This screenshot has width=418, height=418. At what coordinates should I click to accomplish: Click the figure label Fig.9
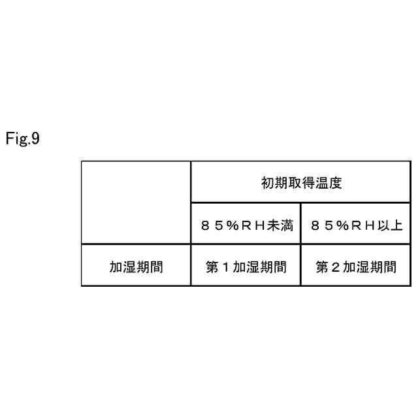click(x=23, y=138)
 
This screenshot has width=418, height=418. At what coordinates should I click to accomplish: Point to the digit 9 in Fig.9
click(x=36, y=138)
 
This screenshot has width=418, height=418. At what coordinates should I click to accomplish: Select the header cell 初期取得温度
click(x=300, y=182)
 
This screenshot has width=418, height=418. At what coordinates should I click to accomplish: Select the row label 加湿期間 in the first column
click(x=136, y=266)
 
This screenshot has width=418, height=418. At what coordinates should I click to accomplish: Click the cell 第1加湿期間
click(x=246, y=266)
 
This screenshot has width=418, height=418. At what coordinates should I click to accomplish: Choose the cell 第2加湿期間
click(x=356, y=266)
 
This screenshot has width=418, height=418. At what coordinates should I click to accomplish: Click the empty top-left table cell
click(x=136, y=202)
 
